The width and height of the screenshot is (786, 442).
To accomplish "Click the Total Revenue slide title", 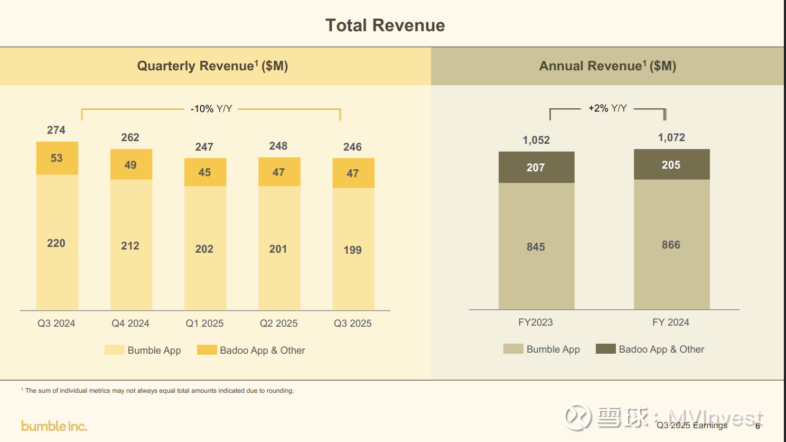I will click(385, 25).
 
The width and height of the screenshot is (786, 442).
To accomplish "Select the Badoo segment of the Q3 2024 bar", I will click(57, 158).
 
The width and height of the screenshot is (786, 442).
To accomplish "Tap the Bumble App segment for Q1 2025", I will click(205, 248).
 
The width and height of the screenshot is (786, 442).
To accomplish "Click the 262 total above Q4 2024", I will click(130, 137).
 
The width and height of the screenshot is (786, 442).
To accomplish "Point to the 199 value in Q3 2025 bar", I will click(352, 250).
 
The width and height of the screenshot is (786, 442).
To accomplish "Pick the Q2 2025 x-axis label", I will click(278, 323).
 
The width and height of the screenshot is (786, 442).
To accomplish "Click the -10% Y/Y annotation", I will click(211, 109).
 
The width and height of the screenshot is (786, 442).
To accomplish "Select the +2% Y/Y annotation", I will click(607, 108).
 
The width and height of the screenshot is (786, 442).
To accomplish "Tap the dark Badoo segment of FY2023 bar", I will click(536, 168).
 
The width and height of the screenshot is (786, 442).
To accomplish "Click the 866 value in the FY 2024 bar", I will click(671, 245).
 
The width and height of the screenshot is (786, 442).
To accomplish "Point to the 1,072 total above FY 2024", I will click(671, 137).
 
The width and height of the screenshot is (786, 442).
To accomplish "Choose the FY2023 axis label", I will click(536, 323).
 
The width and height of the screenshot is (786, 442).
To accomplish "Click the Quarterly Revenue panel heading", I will click(212, 66).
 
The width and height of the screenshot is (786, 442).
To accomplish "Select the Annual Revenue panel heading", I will click(607, 66).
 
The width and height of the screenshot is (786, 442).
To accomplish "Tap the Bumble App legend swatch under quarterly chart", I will click(115, 350).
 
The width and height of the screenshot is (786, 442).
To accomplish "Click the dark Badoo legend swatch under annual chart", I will click(605, 349).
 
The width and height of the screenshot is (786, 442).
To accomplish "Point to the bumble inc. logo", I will click(54, 426).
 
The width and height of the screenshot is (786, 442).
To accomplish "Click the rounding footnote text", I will click(159, 391).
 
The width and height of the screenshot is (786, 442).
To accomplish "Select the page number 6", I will click(757, 426).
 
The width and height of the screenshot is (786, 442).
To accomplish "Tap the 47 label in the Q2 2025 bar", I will click(278, 172).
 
